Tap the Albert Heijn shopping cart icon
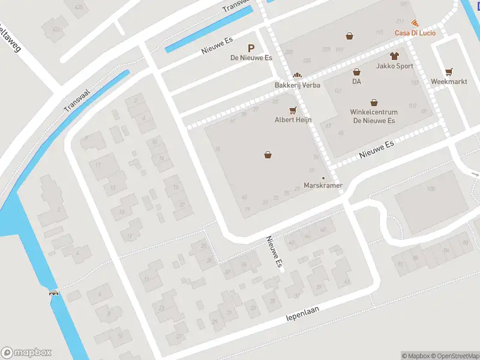[x=293, y=110]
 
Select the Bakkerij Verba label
[x=298, y=85]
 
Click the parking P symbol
[x=251, y=48]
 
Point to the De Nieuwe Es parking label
[x=251, y=58]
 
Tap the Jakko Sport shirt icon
[x=394, y=56]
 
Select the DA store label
[x=356, y=81]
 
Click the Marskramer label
[x=323, y=185]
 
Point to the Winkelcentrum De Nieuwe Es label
[x=373, y=116]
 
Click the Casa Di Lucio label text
[x=415, y=32]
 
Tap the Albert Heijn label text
[x=293, y=120]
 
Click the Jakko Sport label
[x=395, y=66]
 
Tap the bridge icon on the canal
[x=54, y=293]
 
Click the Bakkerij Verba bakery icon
[x=297, y=76]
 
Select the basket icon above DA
[x=356, y=71]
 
